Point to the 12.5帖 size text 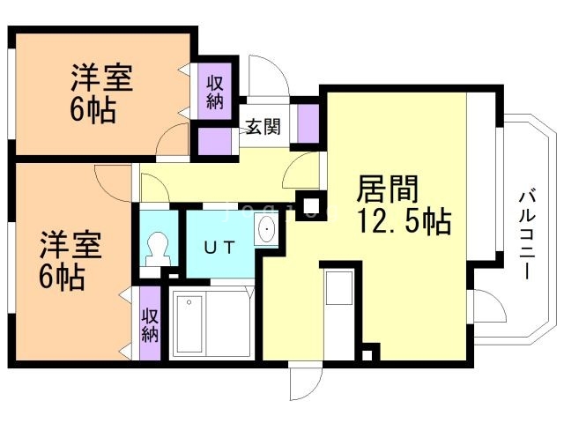pos(404,219)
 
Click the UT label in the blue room pos(219,247)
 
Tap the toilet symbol pos(158,245)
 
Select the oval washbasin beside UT pos(265,232)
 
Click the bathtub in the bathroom pos(199,323)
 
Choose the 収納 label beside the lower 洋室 pos(150,323)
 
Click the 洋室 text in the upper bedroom pos(102,78)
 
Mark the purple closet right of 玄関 pos(308,123)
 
